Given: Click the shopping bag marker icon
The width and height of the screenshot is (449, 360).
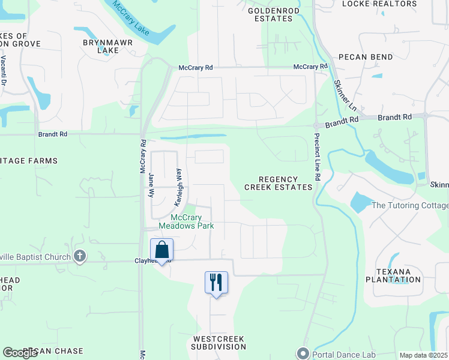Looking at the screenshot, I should [162, 250].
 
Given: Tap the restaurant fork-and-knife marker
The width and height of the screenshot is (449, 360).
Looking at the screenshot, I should [216, 282].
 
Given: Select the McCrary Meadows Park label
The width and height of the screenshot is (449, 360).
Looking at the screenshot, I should [186, 221].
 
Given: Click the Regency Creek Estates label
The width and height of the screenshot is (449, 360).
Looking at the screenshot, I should [278, 183].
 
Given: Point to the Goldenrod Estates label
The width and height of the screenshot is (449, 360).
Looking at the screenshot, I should [270, 14].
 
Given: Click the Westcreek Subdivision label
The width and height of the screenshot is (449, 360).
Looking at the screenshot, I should [218, 343].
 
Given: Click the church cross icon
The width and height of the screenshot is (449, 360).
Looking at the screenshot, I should [80, 257].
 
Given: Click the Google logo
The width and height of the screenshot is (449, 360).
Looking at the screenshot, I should [20, 353].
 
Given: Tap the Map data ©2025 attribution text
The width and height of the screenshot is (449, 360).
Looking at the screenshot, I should [423, 355].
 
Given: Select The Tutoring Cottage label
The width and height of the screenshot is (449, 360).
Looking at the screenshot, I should [410, 206].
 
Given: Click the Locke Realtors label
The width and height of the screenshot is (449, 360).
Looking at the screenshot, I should [387, 4].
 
